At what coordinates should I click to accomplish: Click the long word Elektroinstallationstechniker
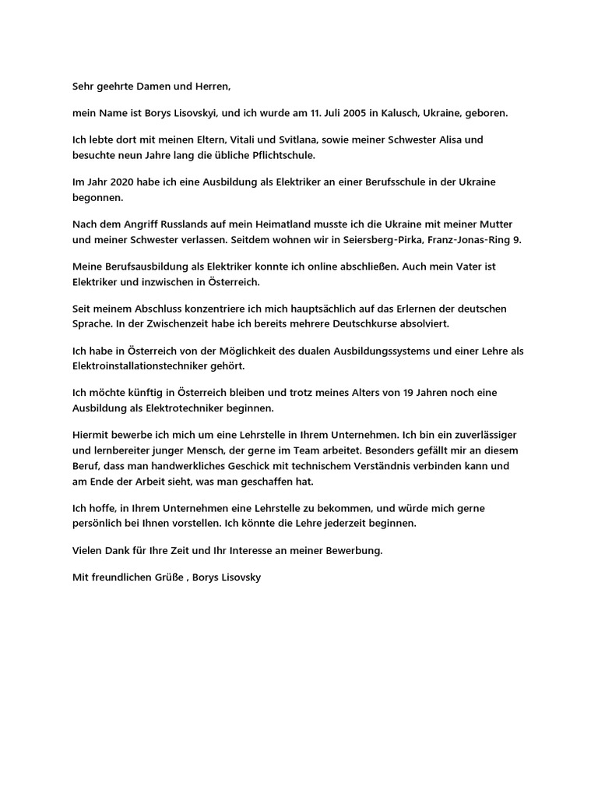pos(139,366)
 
